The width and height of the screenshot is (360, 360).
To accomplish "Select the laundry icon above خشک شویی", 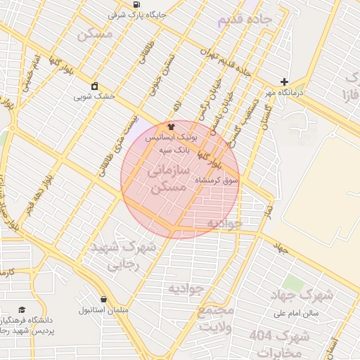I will click(x=94, y=87).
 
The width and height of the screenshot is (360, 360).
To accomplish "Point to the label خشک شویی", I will click(x=94, y=97).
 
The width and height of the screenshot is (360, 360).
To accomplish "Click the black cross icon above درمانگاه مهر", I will click(x=284, y=82).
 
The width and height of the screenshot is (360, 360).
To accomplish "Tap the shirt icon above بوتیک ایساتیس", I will click(x=170, y=127).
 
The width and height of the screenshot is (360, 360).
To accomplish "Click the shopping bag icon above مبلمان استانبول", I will click(x=103, y=299).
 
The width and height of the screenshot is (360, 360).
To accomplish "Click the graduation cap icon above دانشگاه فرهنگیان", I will click(x=22, y=309).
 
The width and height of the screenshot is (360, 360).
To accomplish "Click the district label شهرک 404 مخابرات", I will click(x=280, y=342).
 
